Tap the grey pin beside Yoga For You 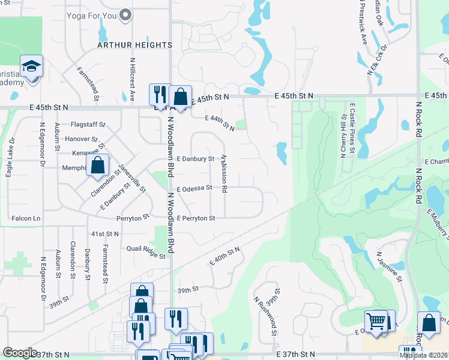[125, 15]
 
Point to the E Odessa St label [194, 188]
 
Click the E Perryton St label [195, 218]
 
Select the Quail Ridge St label [146, 256]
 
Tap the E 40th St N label [225, 256]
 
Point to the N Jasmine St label [390, 266]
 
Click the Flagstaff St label [88, 125]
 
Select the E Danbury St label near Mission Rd [196, 158]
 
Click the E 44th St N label [220, 122]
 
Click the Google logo [20, 353]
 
